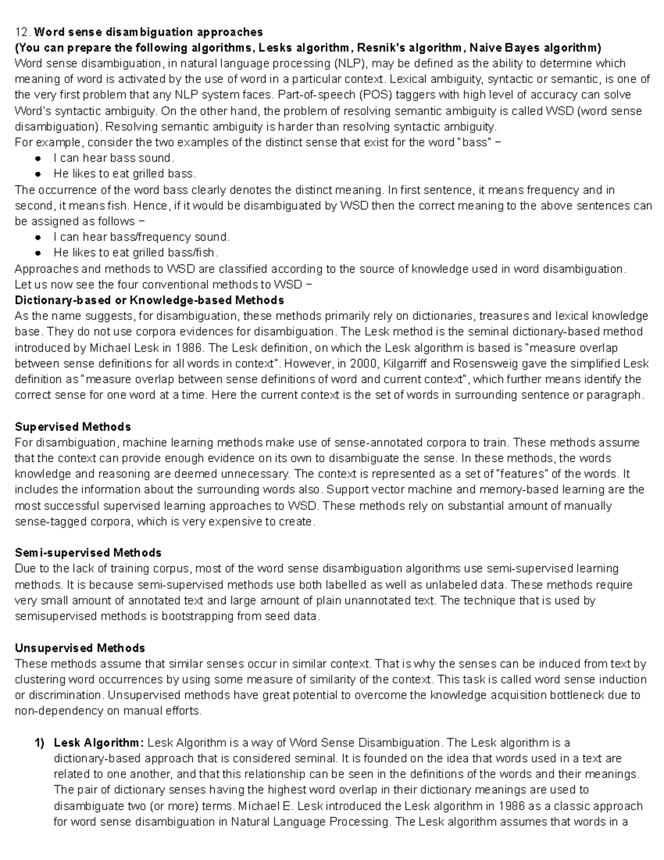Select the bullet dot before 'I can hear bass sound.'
coord(38,158)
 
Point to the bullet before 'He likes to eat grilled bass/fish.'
coord(38,253)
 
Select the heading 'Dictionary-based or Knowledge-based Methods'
coord(149,300)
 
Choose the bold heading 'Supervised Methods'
coord(72,427)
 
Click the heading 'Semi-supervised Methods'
coord(88,553)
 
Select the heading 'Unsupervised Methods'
coord(80,648)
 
